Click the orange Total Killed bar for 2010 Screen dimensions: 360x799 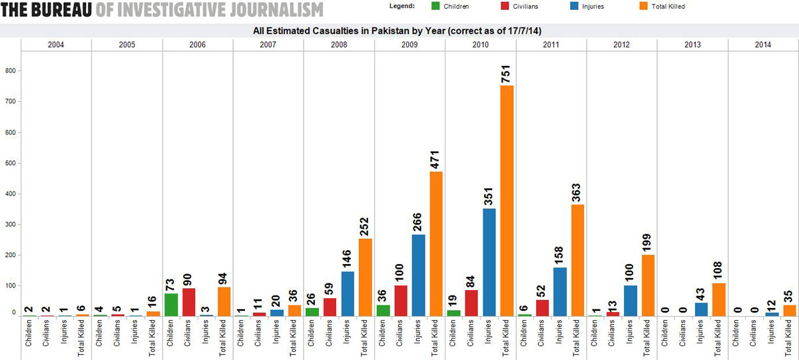(x=507, y=200)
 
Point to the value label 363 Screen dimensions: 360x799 (x=578, y=191)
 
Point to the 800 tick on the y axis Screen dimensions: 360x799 (x=11, y=71)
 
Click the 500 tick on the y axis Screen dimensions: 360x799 (x=11, y=163)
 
